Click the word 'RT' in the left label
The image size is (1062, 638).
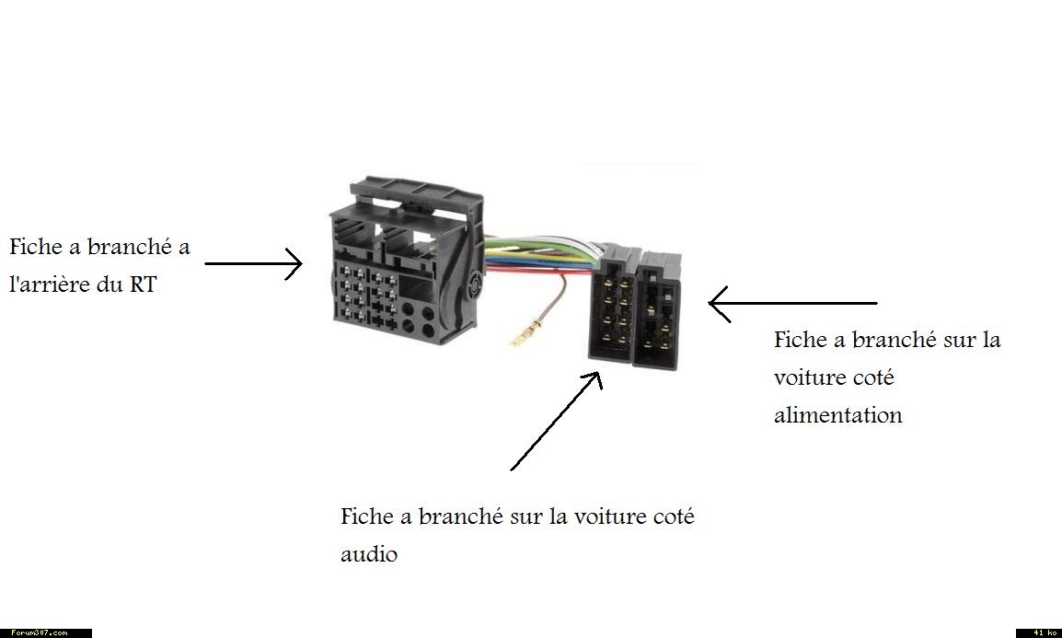point(142,284)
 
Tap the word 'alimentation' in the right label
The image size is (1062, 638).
point(837,415)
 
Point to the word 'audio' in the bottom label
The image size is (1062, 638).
point(368,555)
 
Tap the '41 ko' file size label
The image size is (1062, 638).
point(1039,633)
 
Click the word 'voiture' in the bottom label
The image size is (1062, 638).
point(606,516)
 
